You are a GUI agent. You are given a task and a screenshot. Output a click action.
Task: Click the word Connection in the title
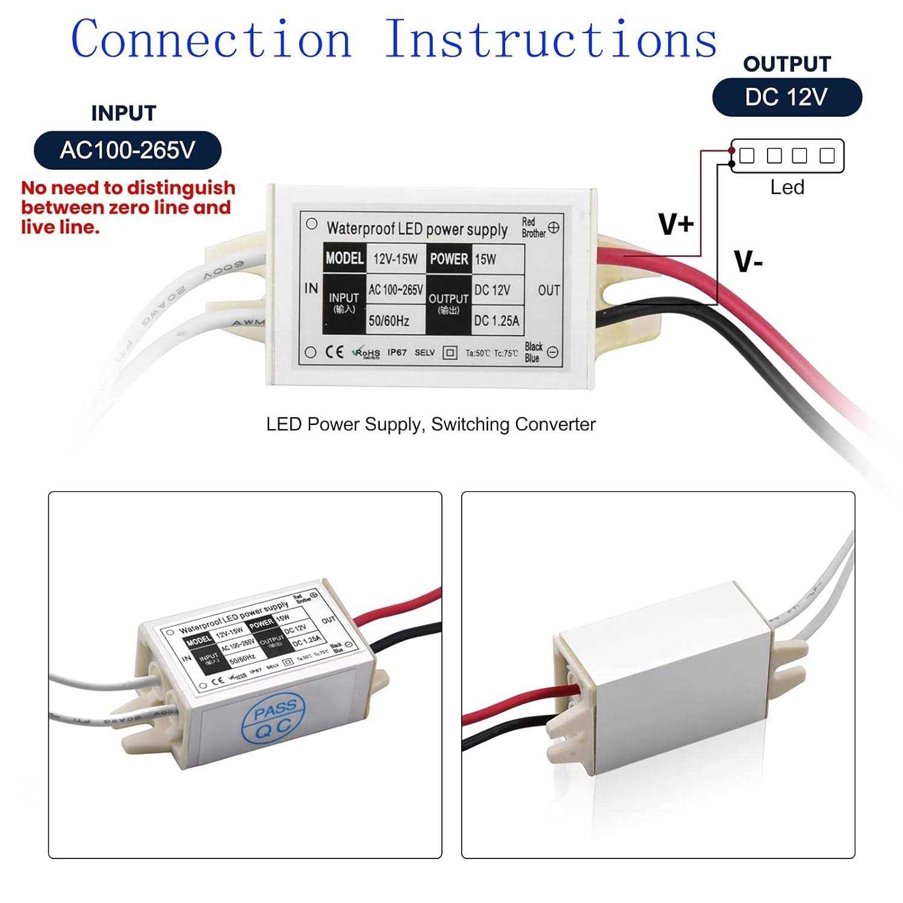pyautogui.click(x=211, y=39)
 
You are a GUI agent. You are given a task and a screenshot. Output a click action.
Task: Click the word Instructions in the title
pyautogui.click(x=550, y=39)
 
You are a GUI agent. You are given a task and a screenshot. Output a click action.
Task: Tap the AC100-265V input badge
pyautogui.click(x=128, y=150)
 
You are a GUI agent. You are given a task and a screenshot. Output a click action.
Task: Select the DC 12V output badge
pyautogui.click(x=787, y=97)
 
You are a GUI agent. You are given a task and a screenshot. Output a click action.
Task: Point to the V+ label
pyautogui.click(x=677, y=225)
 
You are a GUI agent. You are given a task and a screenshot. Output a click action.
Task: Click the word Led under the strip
pyautogui.click(x=787, y=187)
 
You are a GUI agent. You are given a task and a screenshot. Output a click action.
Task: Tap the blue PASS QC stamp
pyautogui.click(x=274, y=719)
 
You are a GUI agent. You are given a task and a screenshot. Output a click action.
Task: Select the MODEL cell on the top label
pyautogui.click(x=344, y=258)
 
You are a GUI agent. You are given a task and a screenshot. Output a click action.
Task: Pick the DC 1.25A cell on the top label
pyautogui.click(x=496, y=321)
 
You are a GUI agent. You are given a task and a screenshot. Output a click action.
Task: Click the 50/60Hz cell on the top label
pyautogui.click(x=389, y=321)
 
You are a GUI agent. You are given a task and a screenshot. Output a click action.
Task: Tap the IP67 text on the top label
pyautogui.click(x=397, y=352)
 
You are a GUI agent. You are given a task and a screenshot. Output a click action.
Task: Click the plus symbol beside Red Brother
pyautogui.click(x=554, y=228)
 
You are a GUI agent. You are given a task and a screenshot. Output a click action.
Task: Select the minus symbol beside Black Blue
pyautogui.click(x=553, y=352)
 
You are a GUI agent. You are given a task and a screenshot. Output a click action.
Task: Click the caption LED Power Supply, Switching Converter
pyautogui.click(x=431, y=424)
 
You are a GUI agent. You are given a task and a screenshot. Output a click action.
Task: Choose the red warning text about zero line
pyautogui.click(x=128, y=207)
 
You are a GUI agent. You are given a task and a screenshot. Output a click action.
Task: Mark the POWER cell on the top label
pyautogui.click(x=448, y=259)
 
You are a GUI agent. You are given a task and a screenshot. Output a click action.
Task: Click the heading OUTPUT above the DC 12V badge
pyautogui.click(x=787, y=64)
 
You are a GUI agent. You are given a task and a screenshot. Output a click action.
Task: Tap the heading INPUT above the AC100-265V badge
pyautogui.click(x=123, y=113)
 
